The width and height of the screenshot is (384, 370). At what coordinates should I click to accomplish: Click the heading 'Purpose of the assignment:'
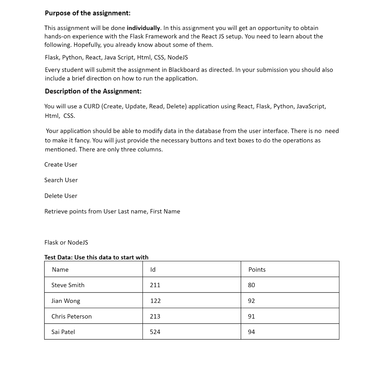click(87, 13)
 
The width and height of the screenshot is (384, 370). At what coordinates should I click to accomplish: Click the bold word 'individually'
click(143, 28)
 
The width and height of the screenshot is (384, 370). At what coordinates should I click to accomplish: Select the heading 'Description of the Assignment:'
click(93, 91)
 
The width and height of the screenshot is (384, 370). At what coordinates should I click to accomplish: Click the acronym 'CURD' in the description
click(91, 106)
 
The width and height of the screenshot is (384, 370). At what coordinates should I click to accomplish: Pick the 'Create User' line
click(61, 165)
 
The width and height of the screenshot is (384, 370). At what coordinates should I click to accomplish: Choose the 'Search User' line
click(61, 180)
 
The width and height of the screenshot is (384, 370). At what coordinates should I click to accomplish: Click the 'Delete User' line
click(61, 196)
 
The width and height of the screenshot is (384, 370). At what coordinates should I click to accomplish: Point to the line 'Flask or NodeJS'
click(66, 243)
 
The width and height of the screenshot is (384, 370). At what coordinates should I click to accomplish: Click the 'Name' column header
click(60, 270)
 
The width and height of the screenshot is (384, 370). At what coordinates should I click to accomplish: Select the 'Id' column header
click(153, 270)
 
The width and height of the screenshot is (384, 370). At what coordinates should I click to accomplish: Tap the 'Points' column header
click(257, 270)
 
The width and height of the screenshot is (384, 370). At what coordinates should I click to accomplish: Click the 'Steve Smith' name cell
click(68, 285)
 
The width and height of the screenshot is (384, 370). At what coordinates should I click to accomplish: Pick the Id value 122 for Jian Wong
click(155, 301)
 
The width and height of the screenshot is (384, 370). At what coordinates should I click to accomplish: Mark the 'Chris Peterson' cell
click(72, 316)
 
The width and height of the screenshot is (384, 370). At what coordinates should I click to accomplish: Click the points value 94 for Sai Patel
click(251, 332)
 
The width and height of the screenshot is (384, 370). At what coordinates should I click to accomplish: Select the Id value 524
click(155, 332)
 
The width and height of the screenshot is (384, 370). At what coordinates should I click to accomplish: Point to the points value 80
click(251, 285)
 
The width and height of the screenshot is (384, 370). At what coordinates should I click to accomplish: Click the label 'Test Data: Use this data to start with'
click(96, 257)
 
